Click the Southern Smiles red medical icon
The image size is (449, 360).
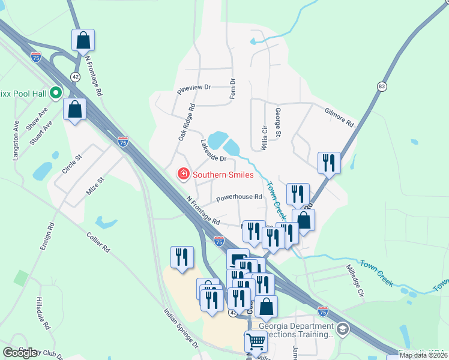[x=183, y=175]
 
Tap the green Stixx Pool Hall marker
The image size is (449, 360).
[x=56, y=93]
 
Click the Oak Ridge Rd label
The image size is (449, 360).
[x=187, y=122]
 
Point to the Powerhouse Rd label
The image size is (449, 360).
[x=239, y=197]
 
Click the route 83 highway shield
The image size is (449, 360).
[x=382, y=87]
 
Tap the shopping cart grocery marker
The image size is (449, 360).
[x=256, y=341]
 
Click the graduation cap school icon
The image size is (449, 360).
[x=342, y=328]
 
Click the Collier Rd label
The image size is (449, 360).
[x=98, y=242]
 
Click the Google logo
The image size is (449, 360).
[x=20, y=353]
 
